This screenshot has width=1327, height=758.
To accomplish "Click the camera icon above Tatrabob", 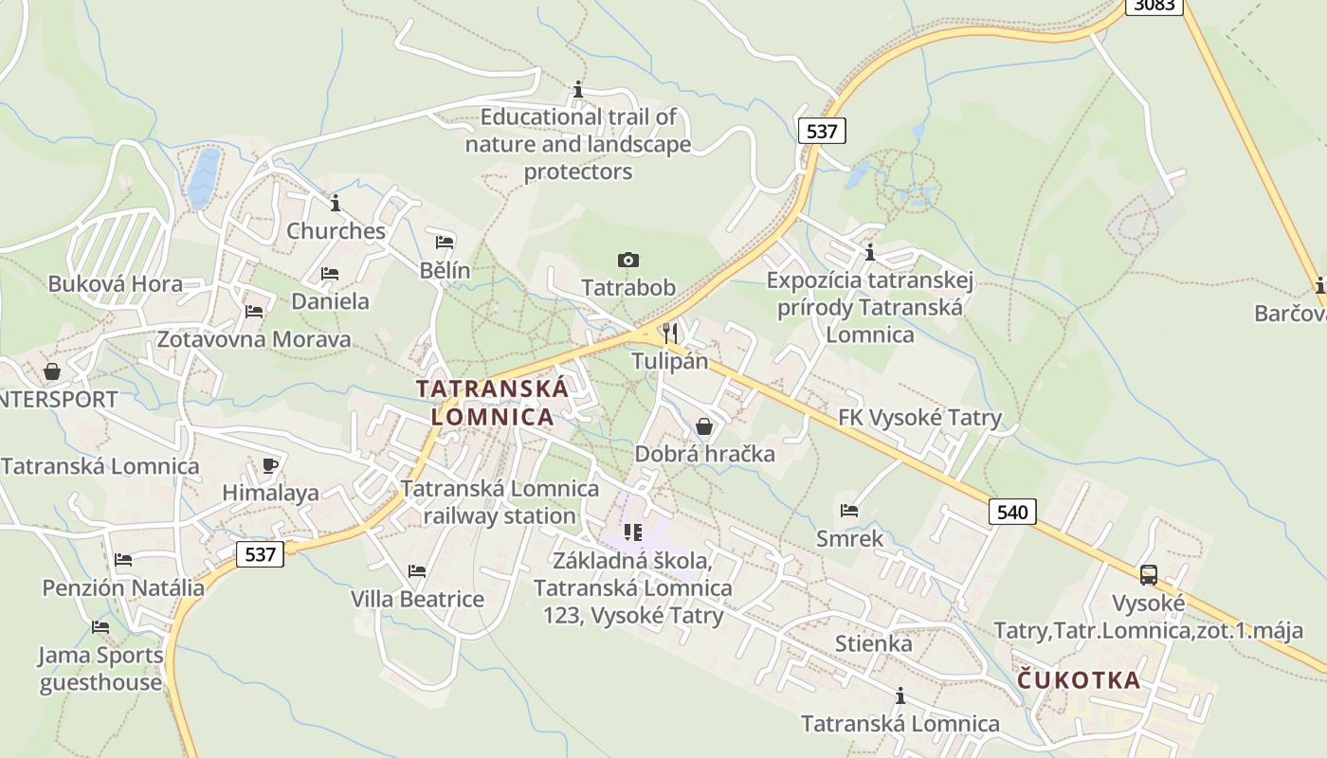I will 627,260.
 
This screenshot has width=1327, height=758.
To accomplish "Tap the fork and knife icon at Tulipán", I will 670,332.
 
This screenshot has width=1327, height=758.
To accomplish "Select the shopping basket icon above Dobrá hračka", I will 703,426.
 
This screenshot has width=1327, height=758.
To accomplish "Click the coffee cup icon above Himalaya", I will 270,465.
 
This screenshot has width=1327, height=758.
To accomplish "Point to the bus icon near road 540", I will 1148,574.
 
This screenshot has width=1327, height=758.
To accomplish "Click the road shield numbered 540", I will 1012,512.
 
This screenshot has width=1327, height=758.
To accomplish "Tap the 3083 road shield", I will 1154,5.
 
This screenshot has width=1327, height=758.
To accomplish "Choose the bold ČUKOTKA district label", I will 1079,680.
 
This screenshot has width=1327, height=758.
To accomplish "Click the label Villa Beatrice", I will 417,599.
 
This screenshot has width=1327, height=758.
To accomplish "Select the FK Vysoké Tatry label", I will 919,418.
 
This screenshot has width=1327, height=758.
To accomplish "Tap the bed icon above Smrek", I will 849,511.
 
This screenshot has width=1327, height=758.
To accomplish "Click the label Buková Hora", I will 115,283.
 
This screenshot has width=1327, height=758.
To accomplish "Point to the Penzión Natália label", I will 123,587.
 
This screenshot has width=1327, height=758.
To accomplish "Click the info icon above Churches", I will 335,203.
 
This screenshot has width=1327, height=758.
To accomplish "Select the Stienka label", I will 873,644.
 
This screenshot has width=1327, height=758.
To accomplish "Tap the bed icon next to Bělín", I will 445,242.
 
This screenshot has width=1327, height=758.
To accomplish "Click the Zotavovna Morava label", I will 253,339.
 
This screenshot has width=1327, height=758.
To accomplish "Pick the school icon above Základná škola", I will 632,532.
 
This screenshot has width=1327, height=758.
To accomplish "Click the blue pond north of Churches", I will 204,177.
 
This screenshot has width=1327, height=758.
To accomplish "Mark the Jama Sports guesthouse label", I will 100,668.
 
